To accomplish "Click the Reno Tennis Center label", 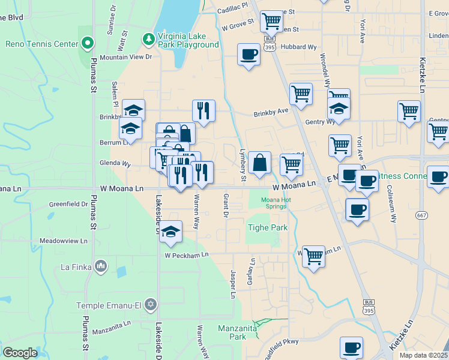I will point(42,44).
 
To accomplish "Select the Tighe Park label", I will point(268,227).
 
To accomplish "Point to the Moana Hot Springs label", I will point(274,203).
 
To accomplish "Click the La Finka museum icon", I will point(100,265).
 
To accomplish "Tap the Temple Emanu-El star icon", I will point(150,305).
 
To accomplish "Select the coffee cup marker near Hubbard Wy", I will point(249,55).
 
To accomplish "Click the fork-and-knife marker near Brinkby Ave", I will point(203,111).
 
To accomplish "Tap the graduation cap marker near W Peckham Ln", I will point(170,232).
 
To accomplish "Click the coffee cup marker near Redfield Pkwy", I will point(351,347).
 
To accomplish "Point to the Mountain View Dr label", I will point(127,57).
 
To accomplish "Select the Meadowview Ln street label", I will point(64,241).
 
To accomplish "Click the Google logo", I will point(20,353).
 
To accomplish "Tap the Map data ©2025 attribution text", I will point(423,355).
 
